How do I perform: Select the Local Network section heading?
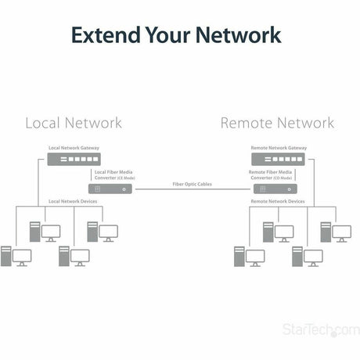(74, 123)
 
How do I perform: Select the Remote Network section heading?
(277, 123)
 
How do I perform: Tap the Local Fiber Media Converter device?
(114, 189)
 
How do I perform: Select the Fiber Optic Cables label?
(193, 184)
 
